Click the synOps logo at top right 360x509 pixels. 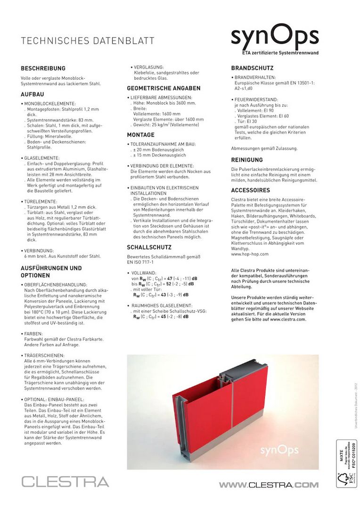tap(275, 37)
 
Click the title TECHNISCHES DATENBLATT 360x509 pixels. tap(88, 41)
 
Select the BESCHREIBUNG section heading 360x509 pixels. tap(43, 68)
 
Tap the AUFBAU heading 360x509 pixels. tap(33, 94)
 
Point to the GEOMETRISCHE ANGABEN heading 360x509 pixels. tap(164, 88)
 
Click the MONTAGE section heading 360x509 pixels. tap(141, 135)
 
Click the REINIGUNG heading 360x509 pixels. tap(247, 160)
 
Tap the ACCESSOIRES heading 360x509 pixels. tap(250, 190)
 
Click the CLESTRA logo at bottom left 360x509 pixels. tap(65, 482)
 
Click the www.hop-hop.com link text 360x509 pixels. tap(250, 254)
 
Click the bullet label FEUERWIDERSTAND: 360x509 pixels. tap(256, 100)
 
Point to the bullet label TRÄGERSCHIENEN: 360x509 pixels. tap(44, 355)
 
